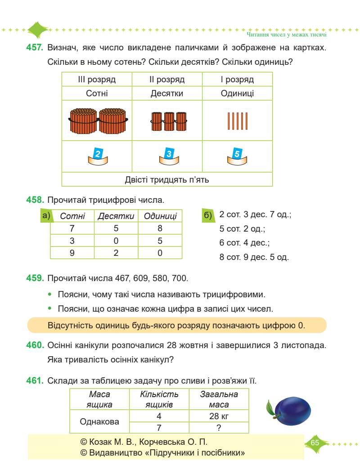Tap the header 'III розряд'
tap(96, 80)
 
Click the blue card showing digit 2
tap(97, 153)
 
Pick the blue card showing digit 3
tap(167, 153)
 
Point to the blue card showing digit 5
tap(237, 153)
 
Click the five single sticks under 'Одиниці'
tap(237, 120)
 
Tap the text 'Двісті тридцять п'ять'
tap(167, 180)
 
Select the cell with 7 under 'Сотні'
tap(72, 228)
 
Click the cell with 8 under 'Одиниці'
tap(160, 228)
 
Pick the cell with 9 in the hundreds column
tap(72, 253)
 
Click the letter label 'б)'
tap(208, 216)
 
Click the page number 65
tap(315, 443)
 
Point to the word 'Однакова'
tap(99, 422)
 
